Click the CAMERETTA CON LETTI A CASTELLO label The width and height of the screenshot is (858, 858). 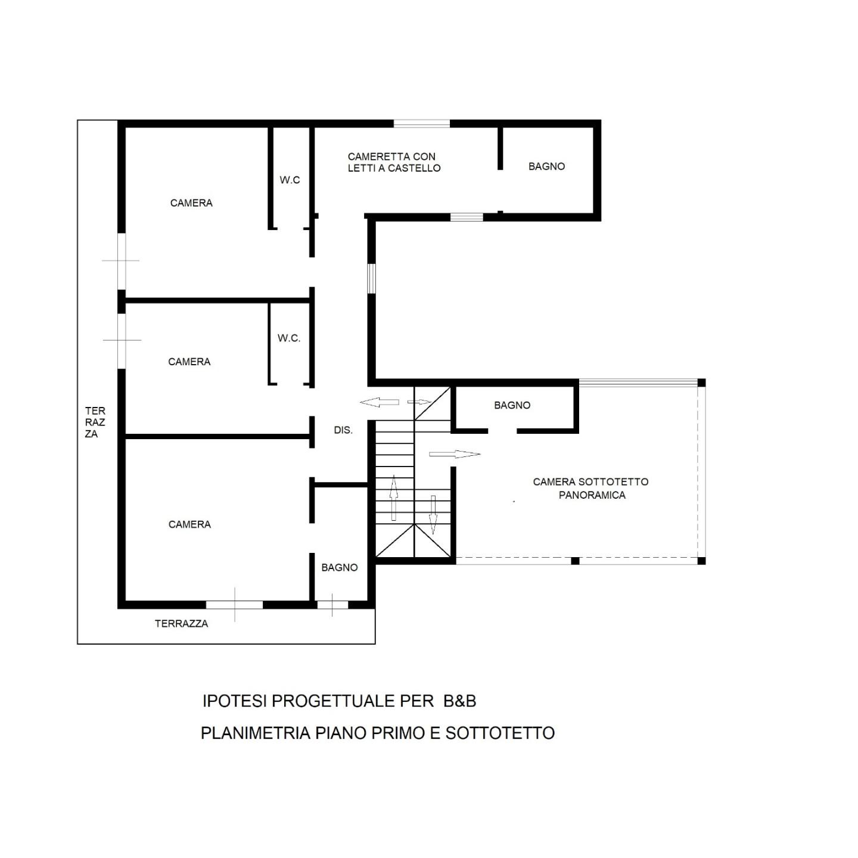tap(394, 163)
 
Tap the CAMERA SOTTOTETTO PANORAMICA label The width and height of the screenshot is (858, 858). tap(590, 488)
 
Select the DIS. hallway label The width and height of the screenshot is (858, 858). tap(343, 430)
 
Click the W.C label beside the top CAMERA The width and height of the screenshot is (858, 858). tap(290, 180)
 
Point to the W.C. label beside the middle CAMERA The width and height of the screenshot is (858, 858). tap(289, 338)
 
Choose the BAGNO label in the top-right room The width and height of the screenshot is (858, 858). tap(546, 166)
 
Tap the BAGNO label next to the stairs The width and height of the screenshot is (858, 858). tap(512, 405)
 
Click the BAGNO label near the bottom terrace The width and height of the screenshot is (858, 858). tap(339, 567)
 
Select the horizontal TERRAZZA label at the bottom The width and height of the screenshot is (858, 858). tap(181, 623)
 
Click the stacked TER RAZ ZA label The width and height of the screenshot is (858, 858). tap(95, 422)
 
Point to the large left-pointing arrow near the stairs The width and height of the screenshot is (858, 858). tap(380, 403)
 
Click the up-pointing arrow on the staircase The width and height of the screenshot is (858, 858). tap(394, 498)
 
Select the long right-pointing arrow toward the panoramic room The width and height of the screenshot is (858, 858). tap(455, 454)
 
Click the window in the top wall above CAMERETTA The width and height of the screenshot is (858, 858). tap(421, 123)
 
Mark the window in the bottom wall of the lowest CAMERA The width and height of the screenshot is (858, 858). tap(234, 605)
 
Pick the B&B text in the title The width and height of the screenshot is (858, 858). tap(459, 701)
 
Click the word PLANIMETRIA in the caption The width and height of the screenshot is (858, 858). tap(255, 733)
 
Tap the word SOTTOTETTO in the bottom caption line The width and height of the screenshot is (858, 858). tap(500, 733)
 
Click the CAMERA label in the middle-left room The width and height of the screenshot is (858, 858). tap(189, 362)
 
